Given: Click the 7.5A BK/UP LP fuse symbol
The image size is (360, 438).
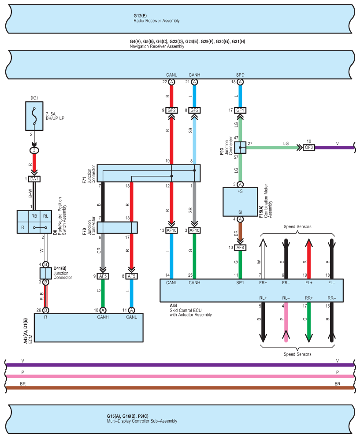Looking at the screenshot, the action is click(x=34, y=116).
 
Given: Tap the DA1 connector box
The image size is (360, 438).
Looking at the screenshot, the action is click(x=34, y=179).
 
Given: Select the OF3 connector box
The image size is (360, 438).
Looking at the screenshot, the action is click(x=309, y=147).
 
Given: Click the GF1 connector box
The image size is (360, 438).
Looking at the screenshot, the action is click(x=240, y=110).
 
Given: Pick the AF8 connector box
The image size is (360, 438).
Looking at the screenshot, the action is click(x=240, y=248).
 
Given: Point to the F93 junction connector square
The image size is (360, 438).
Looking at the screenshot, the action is click(x=240, y=148).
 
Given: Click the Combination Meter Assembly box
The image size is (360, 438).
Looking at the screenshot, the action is click(x=240, y=202).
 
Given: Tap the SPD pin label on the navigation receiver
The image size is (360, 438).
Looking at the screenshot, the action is click(x=240, y=75).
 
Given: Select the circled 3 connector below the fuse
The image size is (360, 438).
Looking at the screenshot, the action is click(x=34, y=151).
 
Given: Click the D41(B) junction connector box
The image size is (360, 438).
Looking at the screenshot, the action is click(x=46, y=273).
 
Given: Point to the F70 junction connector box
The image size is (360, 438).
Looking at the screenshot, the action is click(x=117, y=228).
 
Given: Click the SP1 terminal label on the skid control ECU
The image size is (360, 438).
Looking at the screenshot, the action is click(x=240, y=283).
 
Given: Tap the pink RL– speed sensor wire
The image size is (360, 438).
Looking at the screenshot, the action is click(x=286, y=322).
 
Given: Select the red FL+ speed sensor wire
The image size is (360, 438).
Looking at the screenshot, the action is click(x=309, y=259).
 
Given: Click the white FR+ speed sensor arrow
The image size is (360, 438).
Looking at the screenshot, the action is click(x=263, y=259).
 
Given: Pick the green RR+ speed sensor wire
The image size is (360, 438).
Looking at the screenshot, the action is click(x=309, y=322).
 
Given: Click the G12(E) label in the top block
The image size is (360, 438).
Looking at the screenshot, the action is click(x=140, y=16).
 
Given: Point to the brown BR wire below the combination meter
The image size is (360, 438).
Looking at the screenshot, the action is click(x=240, y=232).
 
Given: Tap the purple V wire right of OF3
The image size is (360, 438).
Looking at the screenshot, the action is click(x=334, y=148).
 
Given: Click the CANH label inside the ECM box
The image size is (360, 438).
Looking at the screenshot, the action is click(x=103, y=317).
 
